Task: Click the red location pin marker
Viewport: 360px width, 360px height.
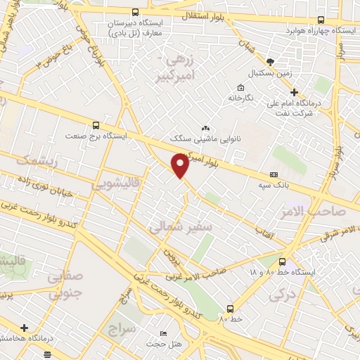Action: pos(181,165)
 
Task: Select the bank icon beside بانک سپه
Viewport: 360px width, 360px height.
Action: pos(274,175)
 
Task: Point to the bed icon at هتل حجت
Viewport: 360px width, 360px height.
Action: pos(164,333)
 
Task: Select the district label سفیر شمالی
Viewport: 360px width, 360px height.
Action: pos(176,227)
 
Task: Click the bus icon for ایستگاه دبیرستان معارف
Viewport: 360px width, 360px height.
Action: pos(135,12)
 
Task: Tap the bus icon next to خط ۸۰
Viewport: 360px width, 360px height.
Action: pos(230,309)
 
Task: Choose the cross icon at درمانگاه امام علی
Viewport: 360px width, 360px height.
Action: pos(295,92)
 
